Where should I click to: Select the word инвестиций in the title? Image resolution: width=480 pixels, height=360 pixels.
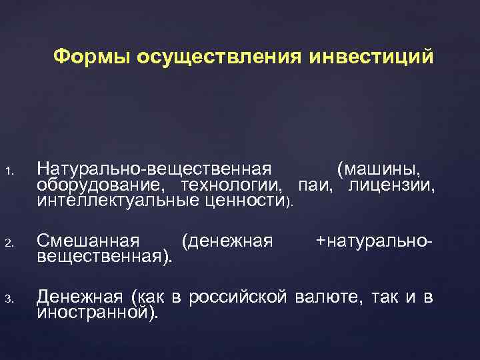coord(371,57)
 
